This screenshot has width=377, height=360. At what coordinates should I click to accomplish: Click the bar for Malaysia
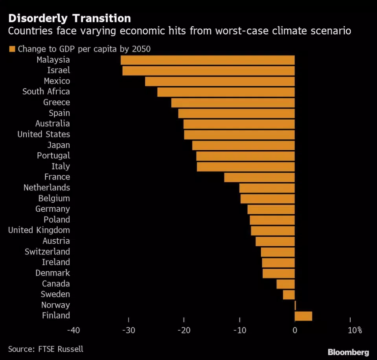208,60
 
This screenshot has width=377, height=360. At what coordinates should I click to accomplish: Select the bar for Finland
303,316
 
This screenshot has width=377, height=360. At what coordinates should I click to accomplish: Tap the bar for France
259,177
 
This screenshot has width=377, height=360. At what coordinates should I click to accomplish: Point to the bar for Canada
285,284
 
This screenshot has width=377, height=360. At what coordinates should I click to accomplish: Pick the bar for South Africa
226,92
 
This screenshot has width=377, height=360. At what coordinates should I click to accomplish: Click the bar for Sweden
289,294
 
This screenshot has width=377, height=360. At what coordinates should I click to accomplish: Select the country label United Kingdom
39,230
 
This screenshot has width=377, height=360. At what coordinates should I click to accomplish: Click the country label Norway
55,305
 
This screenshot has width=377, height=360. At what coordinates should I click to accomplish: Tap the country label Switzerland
47,251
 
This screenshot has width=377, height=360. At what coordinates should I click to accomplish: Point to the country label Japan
59,145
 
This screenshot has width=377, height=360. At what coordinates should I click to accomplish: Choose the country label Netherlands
46,188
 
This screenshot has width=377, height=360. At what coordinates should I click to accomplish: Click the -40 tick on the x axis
74,330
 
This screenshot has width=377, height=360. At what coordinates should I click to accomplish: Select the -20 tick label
184,330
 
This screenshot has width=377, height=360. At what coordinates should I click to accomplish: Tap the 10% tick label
354,330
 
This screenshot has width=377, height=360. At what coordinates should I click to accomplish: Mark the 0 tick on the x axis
294,330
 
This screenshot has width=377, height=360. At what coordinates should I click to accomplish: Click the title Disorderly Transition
70,18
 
